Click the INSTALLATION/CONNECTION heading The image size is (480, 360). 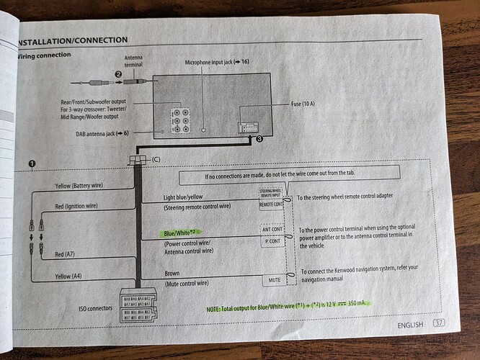click(74, 40)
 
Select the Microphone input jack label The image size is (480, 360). click(216, 63)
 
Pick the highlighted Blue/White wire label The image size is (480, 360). click(182, 233)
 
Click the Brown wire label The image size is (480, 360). click(173, 273)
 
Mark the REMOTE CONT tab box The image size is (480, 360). click(270, 204)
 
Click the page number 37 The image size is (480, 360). click(438, 325)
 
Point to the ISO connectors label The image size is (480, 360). click(95, 308)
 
